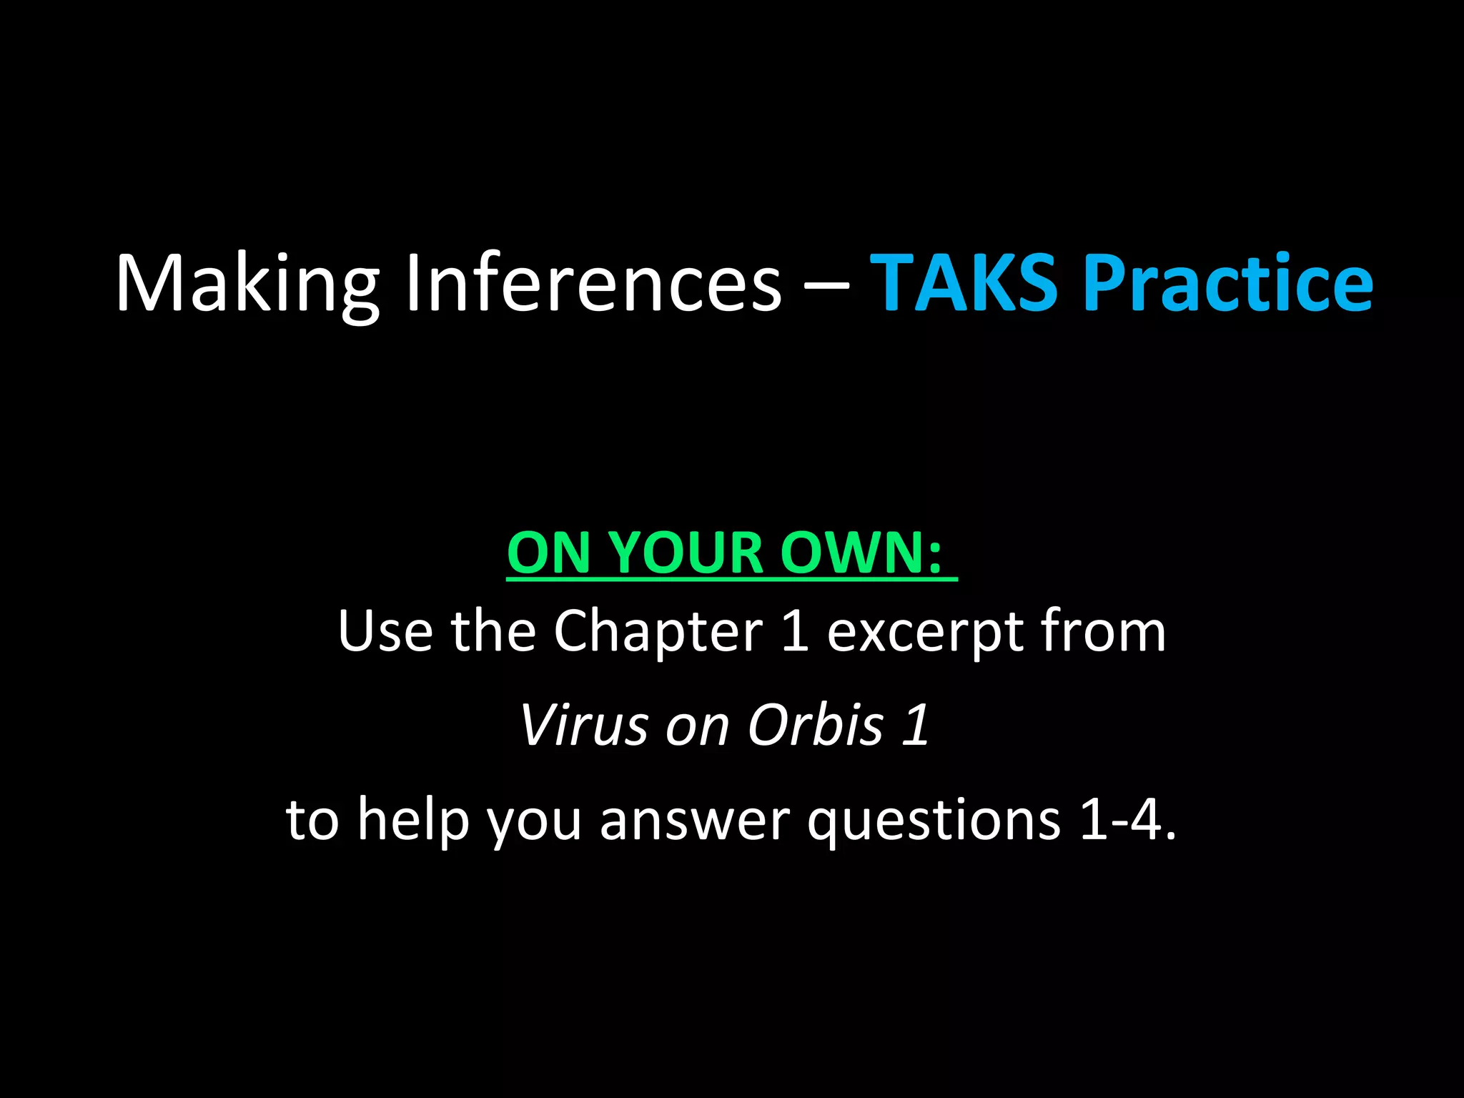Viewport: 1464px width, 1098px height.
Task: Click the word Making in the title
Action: (x=247, y=284)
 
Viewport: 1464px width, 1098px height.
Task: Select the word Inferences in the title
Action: (x=593, y=284)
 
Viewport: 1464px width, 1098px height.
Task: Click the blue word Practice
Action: (x=1227, y=284)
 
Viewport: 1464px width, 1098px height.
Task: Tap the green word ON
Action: (x=547, y=553)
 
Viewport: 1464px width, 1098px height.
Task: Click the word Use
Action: (x=385, y=630)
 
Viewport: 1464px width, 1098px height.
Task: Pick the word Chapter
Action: (x=658, y=632)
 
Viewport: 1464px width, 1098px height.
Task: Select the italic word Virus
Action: (x=583, y=725)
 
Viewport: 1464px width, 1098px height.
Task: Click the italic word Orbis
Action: (x=816, y=725)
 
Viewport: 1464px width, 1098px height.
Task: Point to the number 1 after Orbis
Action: (x=916, y=725)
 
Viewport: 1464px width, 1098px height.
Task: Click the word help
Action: (x=413, y=819)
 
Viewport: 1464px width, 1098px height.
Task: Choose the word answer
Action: (x=695, y=819)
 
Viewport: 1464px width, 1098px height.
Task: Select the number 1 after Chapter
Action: (x=795, y=630)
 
